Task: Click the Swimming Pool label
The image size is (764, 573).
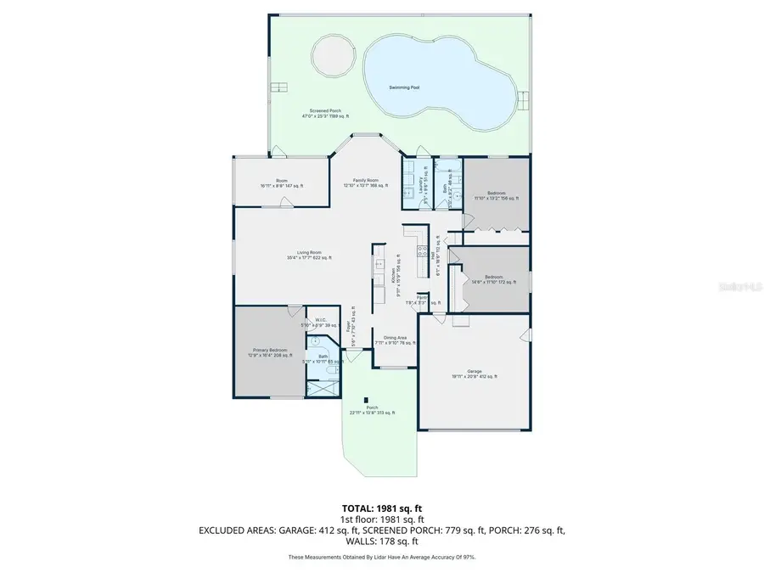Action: pyautogui.click(x=404, y=87)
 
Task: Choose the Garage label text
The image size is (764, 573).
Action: pyautogui.click(x=474, y=374)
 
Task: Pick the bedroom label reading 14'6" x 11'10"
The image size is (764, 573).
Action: pyautogui.click(x=493, y=279)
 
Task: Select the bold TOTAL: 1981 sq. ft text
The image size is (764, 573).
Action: pyautogui.click(x=381, y=508)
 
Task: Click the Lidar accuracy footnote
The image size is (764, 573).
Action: pyautogui.click(x=381, y=558)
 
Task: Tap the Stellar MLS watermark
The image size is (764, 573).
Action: pyautogui.click(x=741, y=287)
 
